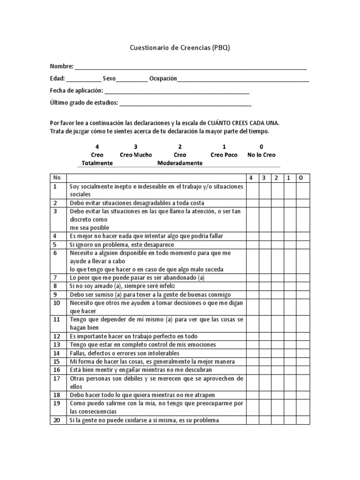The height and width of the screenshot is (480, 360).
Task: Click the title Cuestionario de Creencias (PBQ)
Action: tap(180, 48)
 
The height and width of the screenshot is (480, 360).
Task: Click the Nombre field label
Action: tap(61, 66)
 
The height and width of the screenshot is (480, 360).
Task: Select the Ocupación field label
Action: tap(163, 78)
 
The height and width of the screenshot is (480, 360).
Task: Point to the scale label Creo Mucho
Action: tap(136, 155)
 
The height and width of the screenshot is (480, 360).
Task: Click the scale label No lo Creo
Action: tap(261, 155)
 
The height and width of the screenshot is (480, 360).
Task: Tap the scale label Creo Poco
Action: tap(224, 155)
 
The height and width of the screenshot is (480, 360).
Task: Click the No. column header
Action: tap(58, 178)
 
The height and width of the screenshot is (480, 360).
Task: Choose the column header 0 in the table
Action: tap(302, 178)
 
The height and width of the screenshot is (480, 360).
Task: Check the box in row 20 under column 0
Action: tap(302, 420)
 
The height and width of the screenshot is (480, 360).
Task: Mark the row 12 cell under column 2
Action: tap(277, 336)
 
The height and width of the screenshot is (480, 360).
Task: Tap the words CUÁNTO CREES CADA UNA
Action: tap(240, 123)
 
